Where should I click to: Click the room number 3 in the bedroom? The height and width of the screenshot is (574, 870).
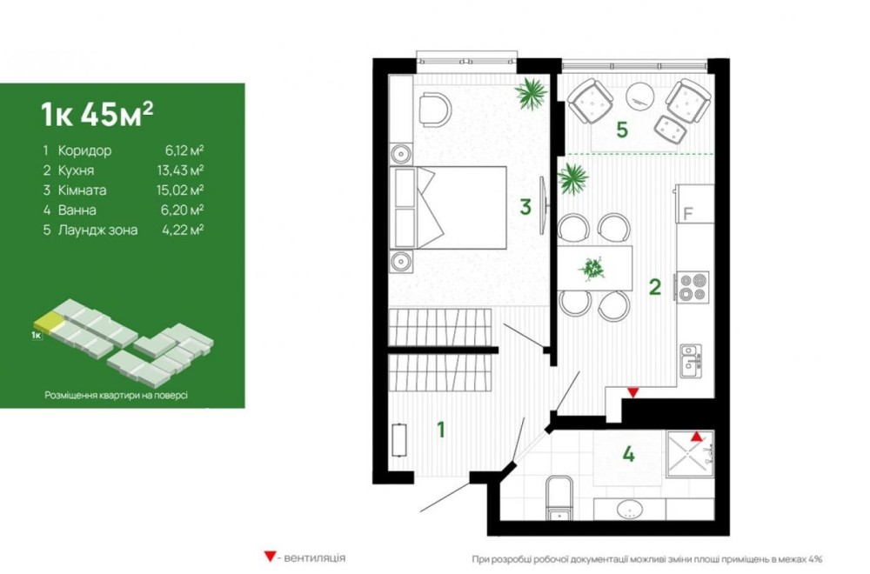click(525, 207)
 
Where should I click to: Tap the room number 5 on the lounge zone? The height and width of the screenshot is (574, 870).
click(622, 130)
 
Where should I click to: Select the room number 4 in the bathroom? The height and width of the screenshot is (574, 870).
click(628, 454)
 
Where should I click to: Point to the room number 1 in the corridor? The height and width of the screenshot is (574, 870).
click(440, 430)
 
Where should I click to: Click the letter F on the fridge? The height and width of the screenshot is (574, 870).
click(688, 214)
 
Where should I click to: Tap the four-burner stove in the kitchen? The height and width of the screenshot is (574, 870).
click(692, 287)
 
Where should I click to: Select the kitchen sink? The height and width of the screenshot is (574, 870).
click(692, 361)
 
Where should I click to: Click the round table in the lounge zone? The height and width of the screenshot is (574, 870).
click(640, 97)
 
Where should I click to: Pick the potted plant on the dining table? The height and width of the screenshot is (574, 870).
click(592, 269)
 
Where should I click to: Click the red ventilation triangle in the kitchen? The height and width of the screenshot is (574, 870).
click(632, 392)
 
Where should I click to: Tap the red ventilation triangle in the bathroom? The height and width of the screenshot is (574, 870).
click(696, 437)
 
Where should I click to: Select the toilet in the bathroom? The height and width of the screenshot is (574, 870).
click(559, 498)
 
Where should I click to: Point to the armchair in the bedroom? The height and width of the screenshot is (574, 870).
click(435, 110)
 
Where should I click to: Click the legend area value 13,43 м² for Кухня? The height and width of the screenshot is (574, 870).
click(180, 170)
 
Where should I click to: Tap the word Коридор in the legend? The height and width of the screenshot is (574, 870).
click(84, 150)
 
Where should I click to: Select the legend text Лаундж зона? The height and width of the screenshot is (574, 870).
click(97, 230)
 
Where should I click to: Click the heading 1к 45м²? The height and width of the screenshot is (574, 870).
click(97, 113)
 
